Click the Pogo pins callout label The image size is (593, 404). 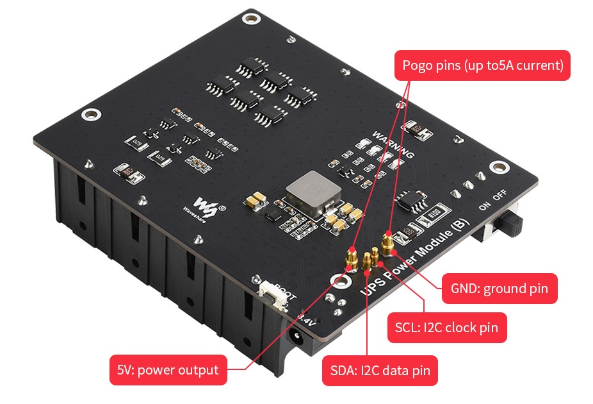click(482, 65)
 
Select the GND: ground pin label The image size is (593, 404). click(499, 289)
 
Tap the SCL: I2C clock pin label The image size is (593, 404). click(447, 328)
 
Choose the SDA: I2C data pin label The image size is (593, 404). click(380, 371)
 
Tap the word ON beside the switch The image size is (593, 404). click(485, 206)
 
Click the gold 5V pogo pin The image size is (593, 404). click(350, 258)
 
